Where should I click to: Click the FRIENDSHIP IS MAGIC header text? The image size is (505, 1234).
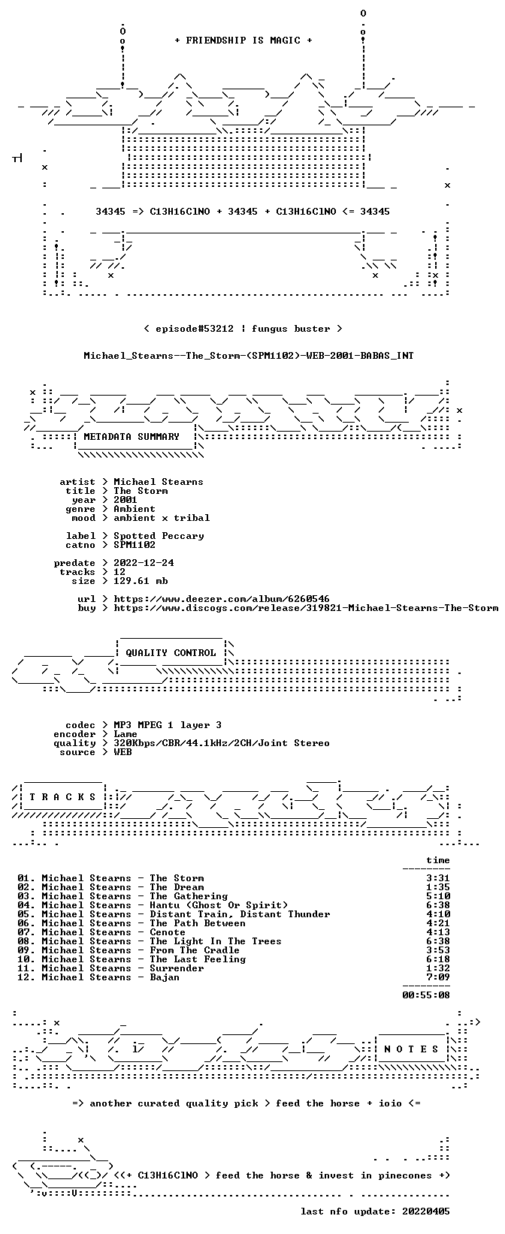[243, 41]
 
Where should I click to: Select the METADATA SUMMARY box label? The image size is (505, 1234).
[132, 437]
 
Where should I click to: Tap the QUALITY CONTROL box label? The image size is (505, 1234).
[171, 653]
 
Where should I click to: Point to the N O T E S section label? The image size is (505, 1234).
[411, 1049]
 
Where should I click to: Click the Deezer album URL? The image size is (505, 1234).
[222, 599]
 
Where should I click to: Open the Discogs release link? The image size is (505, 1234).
[306, 608]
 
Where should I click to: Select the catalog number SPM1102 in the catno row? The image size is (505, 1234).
[135, 545]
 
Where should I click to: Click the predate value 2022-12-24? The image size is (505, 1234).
[144, 563]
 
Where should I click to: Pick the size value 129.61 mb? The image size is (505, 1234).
[141, 581]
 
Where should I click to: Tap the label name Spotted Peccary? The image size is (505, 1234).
[159, 536]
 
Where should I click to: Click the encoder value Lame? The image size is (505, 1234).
[125, 734]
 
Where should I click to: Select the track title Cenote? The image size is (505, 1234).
[168, 933]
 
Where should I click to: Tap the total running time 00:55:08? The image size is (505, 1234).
[426, 995]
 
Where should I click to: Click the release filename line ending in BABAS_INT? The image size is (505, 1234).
[249, 356]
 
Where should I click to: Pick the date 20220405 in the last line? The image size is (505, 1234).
[426, 1211]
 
